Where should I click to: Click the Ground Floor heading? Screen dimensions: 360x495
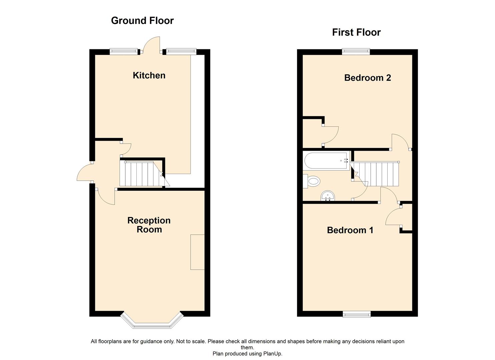tap(142, 21)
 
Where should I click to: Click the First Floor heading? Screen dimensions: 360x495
tap(356, 32)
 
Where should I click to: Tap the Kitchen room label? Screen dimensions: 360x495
tap(149, 75)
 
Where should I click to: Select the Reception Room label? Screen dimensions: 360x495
tap(149, 225)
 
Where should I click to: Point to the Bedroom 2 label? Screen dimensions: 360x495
tap(367, 78)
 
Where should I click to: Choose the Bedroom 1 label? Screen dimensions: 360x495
tap(350, 230)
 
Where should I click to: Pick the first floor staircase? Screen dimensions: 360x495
tap(378, 174)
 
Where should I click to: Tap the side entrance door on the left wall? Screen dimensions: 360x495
tap(84, 173)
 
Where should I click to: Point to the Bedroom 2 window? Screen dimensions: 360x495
tap(356, 51)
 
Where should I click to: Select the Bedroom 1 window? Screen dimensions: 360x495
tap(357, 314)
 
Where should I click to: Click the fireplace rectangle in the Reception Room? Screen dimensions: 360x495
tap(197, 252)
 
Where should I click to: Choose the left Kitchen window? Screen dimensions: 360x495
tap(124, 51)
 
